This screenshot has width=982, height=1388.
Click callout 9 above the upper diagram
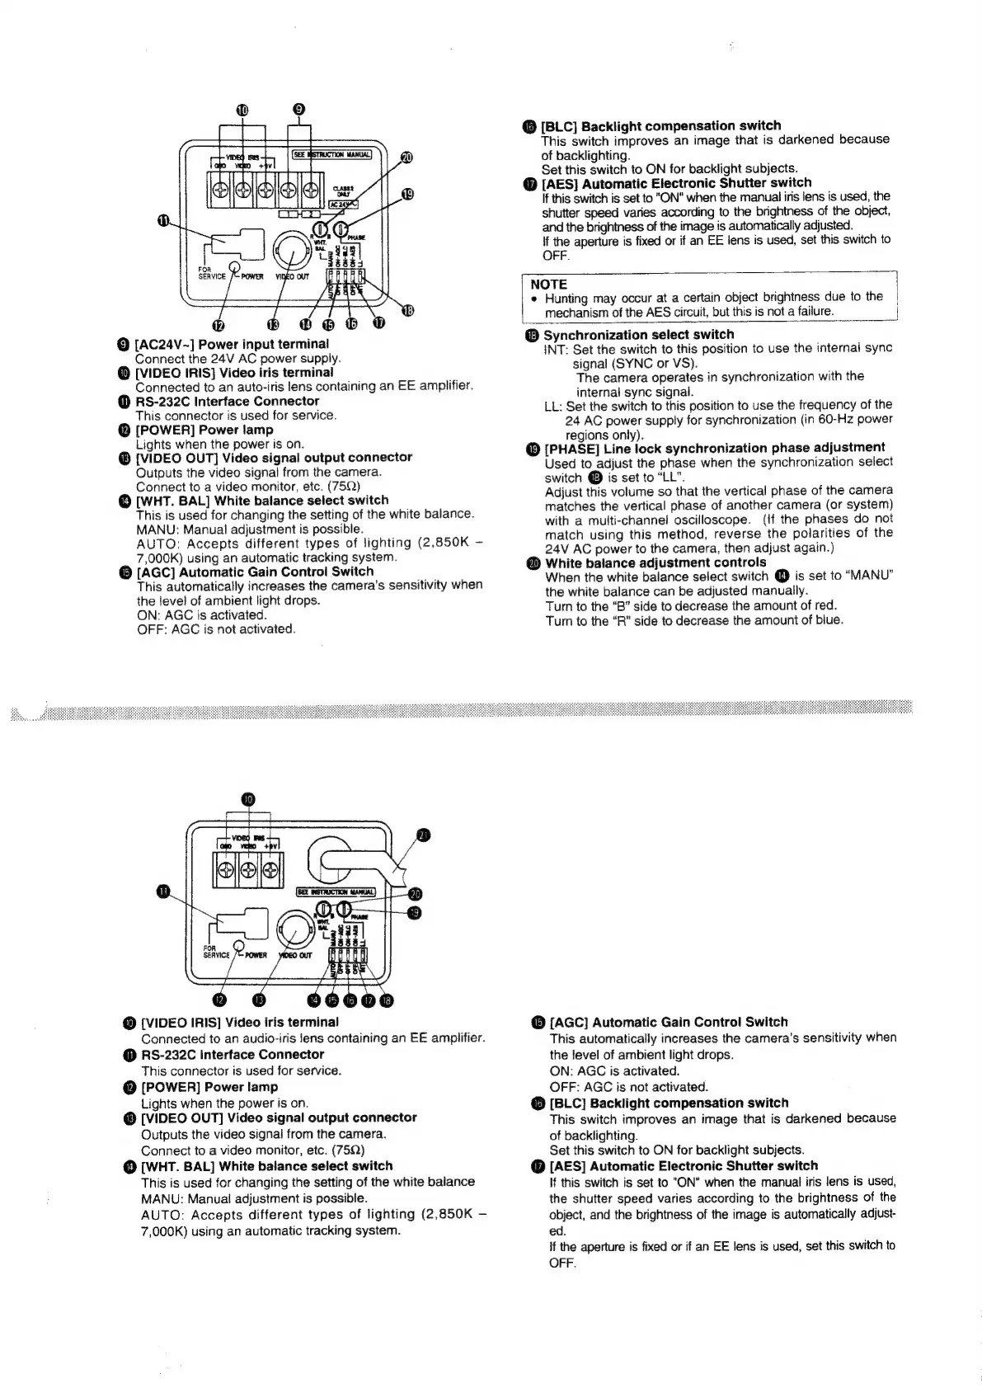click(x=299, y=109)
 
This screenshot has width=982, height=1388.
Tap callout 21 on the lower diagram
click(x=423, y=835)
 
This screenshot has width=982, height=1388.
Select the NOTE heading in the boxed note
click(x=548, y=284)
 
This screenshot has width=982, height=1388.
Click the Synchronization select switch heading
click(x=637, y=334)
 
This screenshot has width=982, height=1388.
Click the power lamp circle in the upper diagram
click(x=235, y=266)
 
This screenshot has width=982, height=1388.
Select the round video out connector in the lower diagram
click(x=295, y=929)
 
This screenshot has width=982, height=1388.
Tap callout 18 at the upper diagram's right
click(x=407, y=310)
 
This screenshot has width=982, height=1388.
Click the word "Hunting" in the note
click(x=566, y=297)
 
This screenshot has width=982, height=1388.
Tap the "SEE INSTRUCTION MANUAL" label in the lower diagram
click(x=336, y=891)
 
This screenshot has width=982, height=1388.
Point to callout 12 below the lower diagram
click(x=218, y=1000)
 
